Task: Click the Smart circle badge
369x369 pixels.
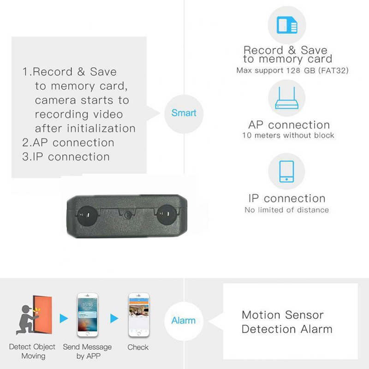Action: coord(184,113)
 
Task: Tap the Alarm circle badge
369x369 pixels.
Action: coord(184,320)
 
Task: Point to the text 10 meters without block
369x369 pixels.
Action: coord(288,136)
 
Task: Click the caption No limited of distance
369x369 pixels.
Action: coord(286,210)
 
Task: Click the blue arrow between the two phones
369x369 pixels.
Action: coord(113,319)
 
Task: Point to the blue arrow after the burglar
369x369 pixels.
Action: coord(63,319)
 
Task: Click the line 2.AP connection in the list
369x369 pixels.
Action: coord(68,143)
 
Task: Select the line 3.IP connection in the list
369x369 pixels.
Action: coord(65,157)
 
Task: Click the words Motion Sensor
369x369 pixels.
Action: coord(283,315)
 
